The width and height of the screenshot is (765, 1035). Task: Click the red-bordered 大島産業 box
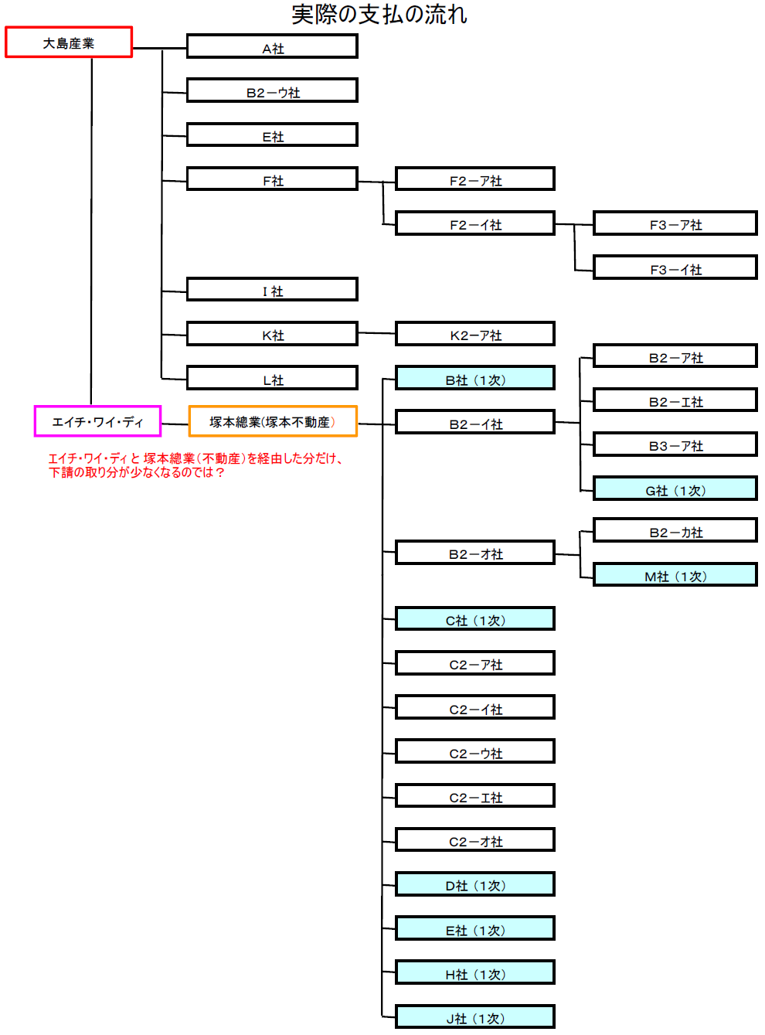(69, 43)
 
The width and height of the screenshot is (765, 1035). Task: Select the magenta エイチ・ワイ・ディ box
(98, 421)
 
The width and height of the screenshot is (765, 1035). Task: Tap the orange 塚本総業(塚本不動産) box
(273, 421)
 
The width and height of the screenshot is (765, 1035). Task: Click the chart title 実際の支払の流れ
(379, 14)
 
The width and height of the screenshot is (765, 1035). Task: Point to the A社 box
(272, 46)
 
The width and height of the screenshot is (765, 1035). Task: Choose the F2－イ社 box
(475, 223)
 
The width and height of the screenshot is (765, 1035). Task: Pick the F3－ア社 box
(675, 223)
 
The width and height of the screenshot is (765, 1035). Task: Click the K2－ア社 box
(475, 334)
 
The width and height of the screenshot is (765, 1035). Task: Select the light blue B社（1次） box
(475, 378)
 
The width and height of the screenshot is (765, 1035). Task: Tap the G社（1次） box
(675, 489)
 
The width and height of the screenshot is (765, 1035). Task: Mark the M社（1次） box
(675, 575)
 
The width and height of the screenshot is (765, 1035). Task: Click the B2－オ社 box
(475, 553)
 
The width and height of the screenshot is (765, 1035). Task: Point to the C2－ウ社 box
(475, 751)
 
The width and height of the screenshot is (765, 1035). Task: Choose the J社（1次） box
(475, 1016)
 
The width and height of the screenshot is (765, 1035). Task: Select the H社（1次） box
(475, 972)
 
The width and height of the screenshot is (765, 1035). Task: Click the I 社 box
(272, 290)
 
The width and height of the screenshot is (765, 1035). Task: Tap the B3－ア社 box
(675, 444)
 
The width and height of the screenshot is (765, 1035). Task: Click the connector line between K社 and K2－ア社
(377, 333)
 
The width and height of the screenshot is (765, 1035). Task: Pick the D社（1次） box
(475, 884)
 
